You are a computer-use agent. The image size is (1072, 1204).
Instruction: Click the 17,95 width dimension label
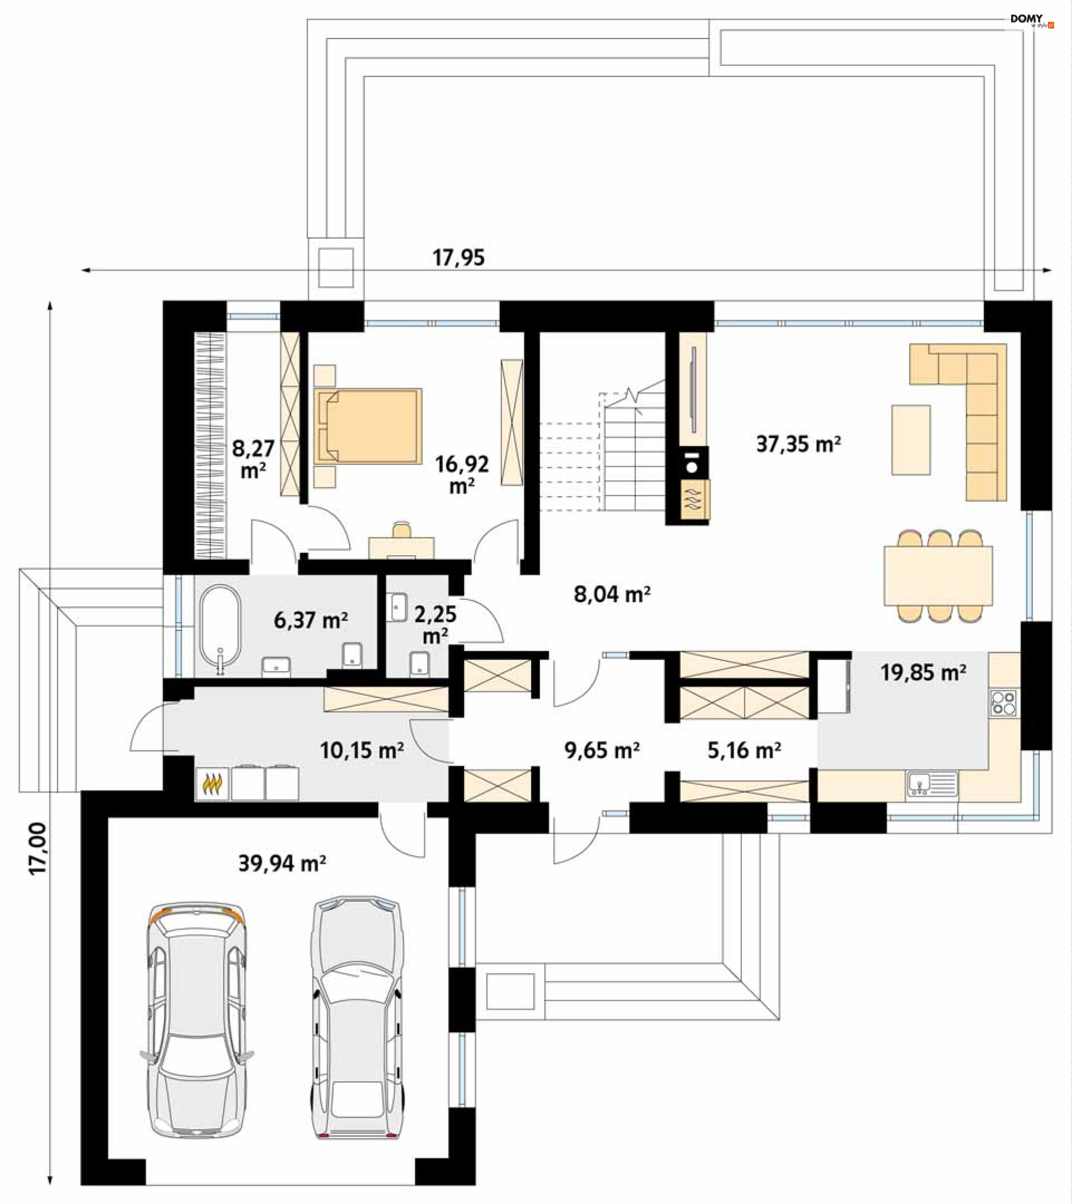(458, 257)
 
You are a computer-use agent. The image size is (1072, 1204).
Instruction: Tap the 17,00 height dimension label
(38, 849)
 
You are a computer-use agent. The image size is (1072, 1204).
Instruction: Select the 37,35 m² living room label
(798, 444)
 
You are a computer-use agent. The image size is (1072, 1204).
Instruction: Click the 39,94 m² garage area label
(283, 864)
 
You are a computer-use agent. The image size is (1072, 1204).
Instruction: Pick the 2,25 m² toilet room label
(435, 625)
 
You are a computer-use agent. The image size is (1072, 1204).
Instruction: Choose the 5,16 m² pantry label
(744, 750)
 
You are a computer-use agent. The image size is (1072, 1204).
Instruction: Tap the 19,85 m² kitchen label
(923, 672)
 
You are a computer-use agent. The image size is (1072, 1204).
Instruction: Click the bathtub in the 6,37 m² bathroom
(221, 629)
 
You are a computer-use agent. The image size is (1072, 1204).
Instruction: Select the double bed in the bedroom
(368, 425)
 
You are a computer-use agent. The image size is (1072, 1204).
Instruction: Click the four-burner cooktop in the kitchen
(1004, 703)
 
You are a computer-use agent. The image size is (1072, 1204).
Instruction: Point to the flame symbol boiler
(212, 783)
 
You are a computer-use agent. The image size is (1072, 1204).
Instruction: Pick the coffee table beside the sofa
(911, 440)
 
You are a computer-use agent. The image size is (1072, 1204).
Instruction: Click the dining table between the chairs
(937, 575)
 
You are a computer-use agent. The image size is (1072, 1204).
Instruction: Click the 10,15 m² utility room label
(361, 750)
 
